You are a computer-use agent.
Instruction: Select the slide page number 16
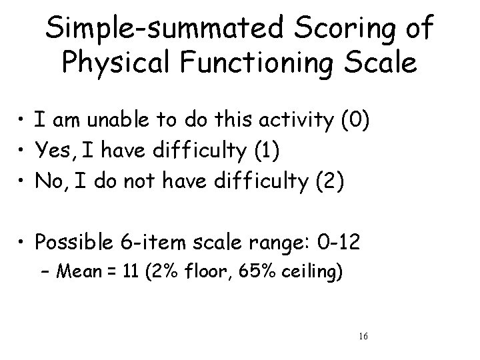tap(362, 337)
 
